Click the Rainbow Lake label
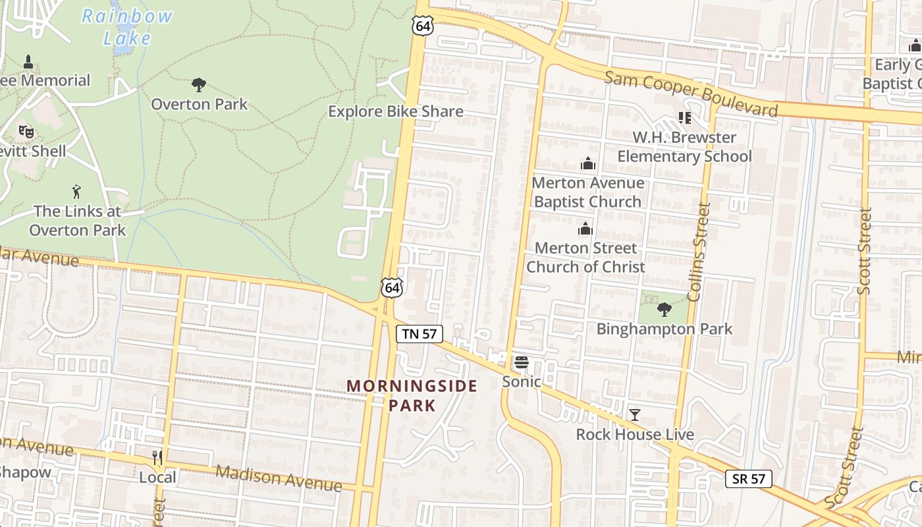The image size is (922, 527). click(x=127, y=27)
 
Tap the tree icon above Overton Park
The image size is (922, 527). click(x=198, y=85)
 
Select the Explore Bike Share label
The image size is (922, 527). click(x=395, y=111)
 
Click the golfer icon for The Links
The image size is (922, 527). click(x=77, y=192)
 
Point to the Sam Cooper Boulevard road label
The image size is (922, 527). click(x=691, y=93)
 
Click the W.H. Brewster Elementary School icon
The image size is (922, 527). click(x=684, y=118)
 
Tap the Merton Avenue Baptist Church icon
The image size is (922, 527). click(x=587, y=163)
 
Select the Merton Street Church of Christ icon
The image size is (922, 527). click(x=585, y=229)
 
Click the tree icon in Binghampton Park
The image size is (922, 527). click(x=664, y=309)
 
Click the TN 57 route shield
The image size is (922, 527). click(x=420, y=334)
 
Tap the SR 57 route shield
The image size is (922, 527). click(x=749, y=479)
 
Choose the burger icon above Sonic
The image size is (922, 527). click(x=522, y=362)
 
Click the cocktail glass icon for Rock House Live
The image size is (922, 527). click(x=635, y=414)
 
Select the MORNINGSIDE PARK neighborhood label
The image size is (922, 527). click(x=412, y=395)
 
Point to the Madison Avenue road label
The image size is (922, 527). click(x=279, y=479)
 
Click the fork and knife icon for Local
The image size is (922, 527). click(x=157, y=457)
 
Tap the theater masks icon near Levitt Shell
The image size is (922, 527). click(x=26, y=131)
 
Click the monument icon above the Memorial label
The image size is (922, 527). click(x=28, y=62)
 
